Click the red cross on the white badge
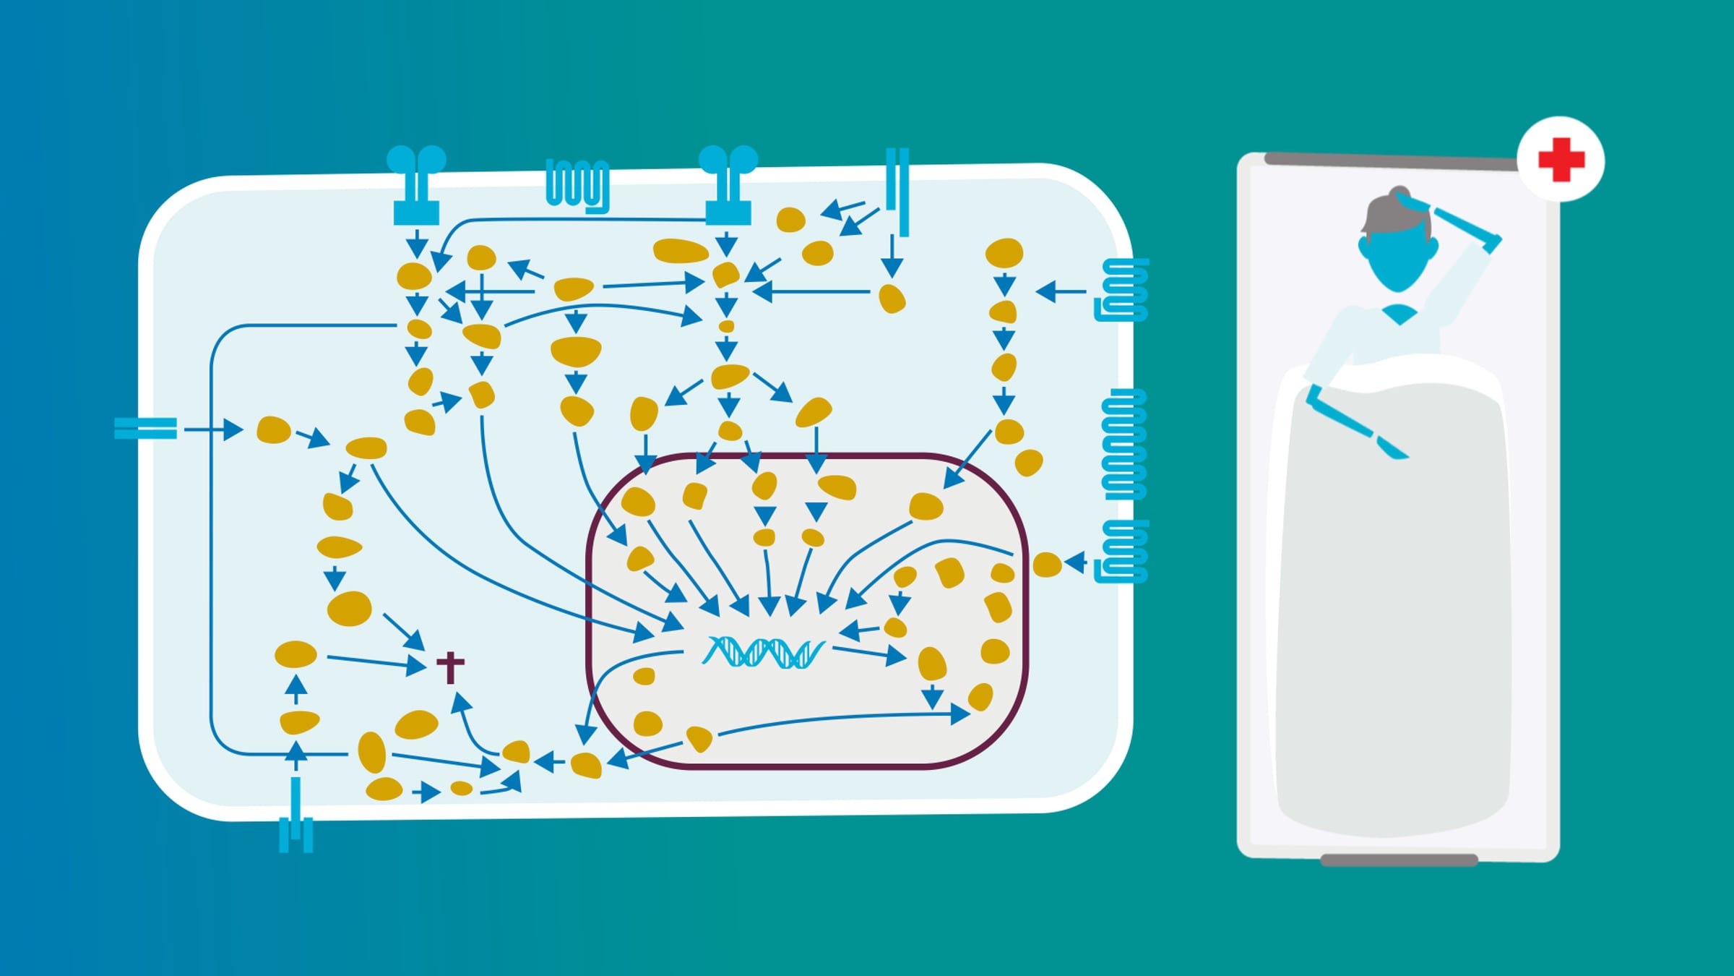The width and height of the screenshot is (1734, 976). [x=1561, y=159]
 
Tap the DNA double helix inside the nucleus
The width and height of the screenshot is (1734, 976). [x=763, y=652]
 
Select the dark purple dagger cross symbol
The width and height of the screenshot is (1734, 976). [x=450, y=667]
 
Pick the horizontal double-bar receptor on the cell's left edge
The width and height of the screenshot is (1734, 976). [x=145, y=429]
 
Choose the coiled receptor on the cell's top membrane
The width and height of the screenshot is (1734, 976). [x=577, y=184]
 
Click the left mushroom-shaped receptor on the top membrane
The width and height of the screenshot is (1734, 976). [x=416, y=185]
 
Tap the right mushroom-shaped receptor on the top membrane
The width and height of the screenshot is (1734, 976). [x=728, y=185]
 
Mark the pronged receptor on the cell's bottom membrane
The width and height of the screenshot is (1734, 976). [x=296, y=823]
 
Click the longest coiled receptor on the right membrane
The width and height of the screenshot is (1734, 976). [x=1124, y=444]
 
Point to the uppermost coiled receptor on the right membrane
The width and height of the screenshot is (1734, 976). [x=1123, y=290]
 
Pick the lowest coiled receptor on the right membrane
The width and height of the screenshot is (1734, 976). [x=1123, y=552]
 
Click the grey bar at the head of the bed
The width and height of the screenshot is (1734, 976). [x=1391, y=161]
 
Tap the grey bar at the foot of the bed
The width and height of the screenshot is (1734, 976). [x=1399, y=860]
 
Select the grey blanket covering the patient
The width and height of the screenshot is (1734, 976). [x=1393, y=615]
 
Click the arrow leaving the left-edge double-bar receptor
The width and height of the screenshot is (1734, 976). [x=212, y=429]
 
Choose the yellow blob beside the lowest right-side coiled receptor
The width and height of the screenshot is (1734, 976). [x=1047, y=565]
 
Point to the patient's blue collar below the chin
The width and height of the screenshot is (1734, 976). [x=1399, y=314]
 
